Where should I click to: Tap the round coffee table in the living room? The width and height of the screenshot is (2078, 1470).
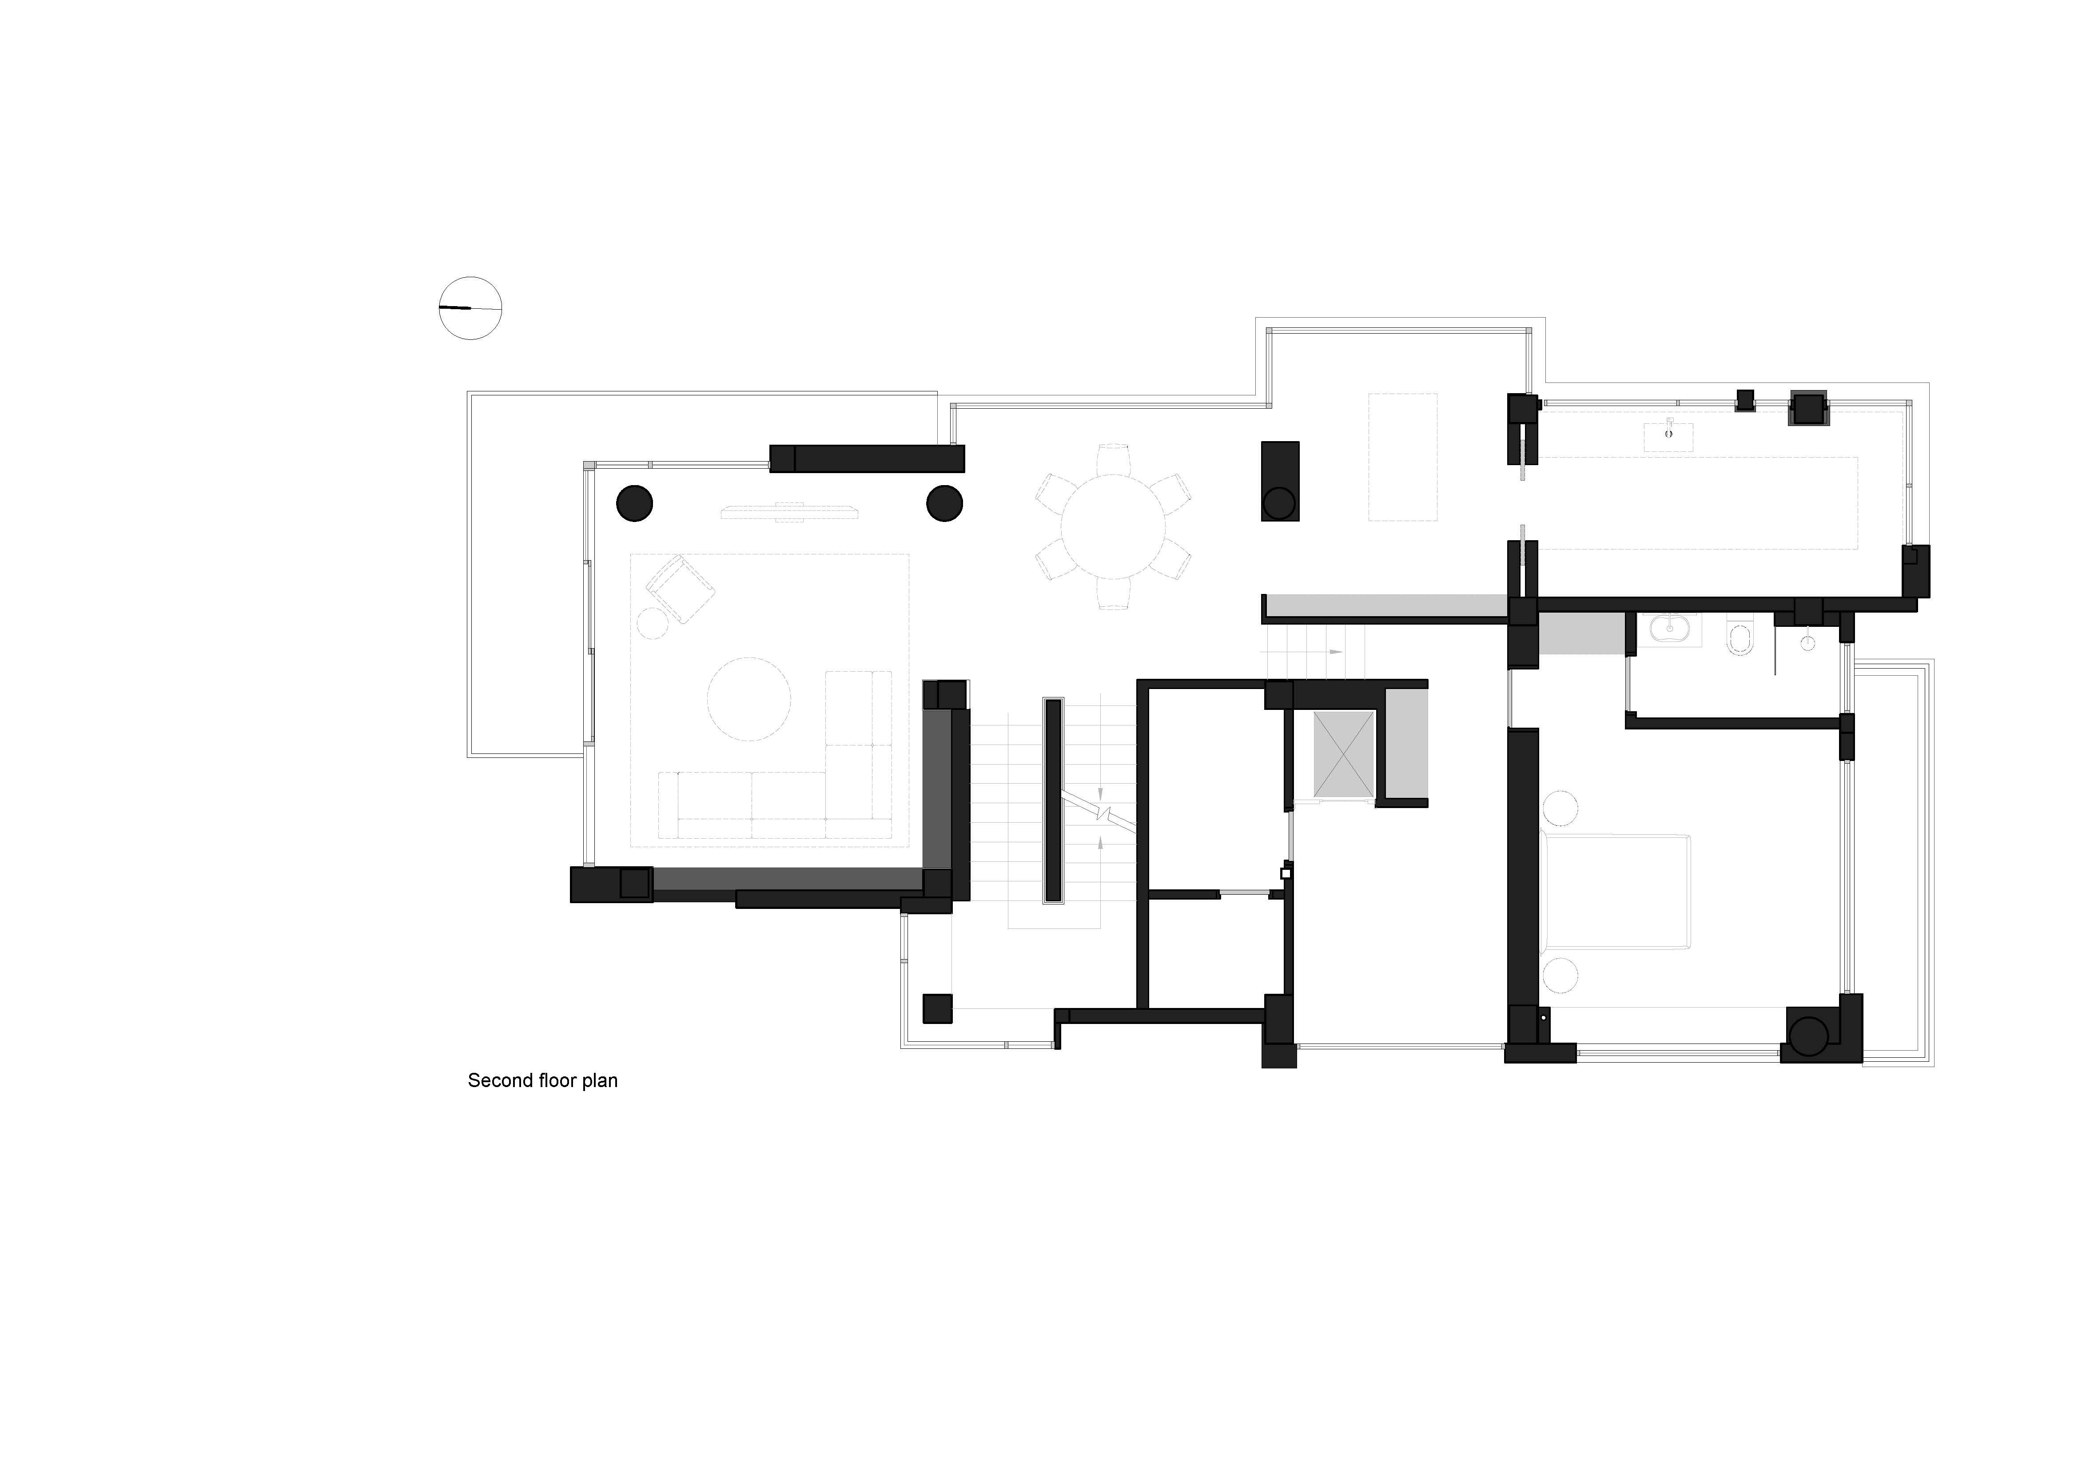(x=748, y=699)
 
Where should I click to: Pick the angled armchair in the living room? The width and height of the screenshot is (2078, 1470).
(x=680, y=589)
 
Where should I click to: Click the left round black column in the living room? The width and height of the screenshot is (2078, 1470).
(x=634, y=503)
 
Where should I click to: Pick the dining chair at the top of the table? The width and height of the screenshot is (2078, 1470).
(x=1113, y=459)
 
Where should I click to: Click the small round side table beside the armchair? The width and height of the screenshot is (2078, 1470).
(x=652, y=623)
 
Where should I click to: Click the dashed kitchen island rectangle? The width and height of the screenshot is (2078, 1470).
(x=1402, y=457)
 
